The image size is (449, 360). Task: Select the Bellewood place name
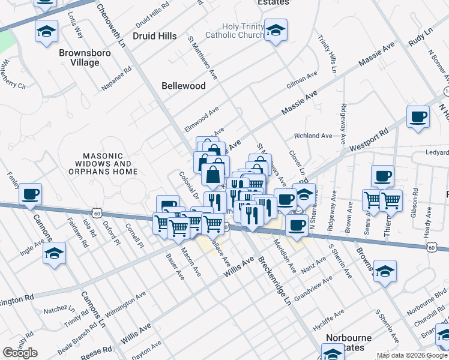184,86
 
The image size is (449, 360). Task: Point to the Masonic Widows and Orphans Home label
106,163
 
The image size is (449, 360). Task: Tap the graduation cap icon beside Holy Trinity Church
276,30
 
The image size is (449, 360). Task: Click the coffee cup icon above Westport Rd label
418,117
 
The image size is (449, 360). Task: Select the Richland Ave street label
313,136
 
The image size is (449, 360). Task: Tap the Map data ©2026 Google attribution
411,355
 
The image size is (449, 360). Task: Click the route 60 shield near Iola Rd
97,212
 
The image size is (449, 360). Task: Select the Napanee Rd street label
116,79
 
